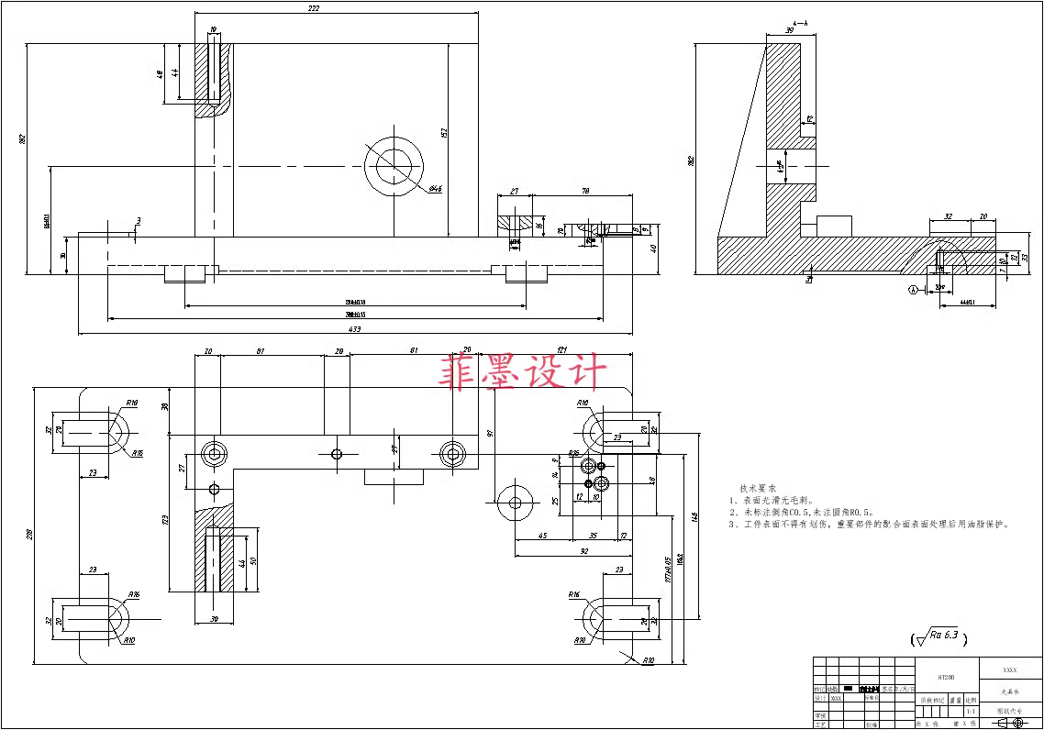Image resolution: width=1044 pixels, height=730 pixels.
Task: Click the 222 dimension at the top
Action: pyautogui.click(x=314, y=8)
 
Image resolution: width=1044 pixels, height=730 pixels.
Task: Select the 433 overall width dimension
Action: pyautogui.click(x=355, y=328)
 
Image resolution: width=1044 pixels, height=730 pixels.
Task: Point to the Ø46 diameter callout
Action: pyautogui.click(x=435, y=189)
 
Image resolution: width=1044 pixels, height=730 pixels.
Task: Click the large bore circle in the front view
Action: pyautogui.click(x=395, y=169)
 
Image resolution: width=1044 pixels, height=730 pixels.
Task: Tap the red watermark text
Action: pyautogui.click(x=524, y=372)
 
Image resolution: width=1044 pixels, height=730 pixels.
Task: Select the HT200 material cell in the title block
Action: pyautogui.click(x=947, y=677)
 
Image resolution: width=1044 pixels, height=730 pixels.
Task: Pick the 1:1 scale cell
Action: pyautogui.click(x=970, y=711)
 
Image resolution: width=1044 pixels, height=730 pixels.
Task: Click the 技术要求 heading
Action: pyautogui.click(x=758, y=489)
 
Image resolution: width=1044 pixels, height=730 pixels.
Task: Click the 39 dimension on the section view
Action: pyautogui.click(x=790, y=31)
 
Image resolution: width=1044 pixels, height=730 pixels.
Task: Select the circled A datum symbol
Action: pyautogui.click(x=912, y=290)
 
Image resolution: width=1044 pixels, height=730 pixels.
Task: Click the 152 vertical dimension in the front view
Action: pyautogui.click(x=444, y=133)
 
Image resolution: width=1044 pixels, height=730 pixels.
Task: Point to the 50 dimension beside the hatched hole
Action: pyautogui.click(x=253, y=561)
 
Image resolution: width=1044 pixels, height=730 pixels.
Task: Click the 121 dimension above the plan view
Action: pyautogui.click(x=561, y=350)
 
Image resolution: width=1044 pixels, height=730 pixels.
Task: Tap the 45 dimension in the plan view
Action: pyautogui.click(x=542, y=536)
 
